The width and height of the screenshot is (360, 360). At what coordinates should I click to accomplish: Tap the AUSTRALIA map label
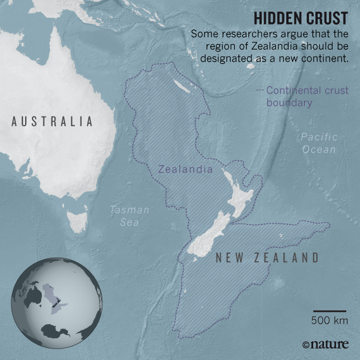click(x=52, y=121)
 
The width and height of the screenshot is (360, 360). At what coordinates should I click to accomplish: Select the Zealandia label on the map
click(x=185, y=169)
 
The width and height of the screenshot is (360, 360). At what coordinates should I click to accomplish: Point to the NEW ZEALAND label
click(x=267, y=258)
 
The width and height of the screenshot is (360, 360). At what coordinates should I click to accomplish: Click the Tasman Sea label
click(x=130, y=215)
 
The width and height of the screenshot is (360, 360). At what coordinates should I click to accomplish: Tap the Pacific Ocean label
click(x=319, y=143)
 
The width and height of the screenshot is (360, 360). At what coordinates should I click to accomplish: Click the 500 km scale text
click(x=330, y=321)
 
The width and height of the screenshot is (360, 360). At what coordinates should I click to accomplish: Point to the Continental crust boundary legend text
click(x=307, y=97)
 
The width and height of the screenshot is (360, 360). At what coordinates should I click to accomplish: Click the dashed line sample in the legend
click(x=259, y=90)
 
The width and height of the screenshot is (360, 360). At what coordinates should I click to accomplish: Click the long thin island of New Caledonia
click(x=185, y=87)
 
